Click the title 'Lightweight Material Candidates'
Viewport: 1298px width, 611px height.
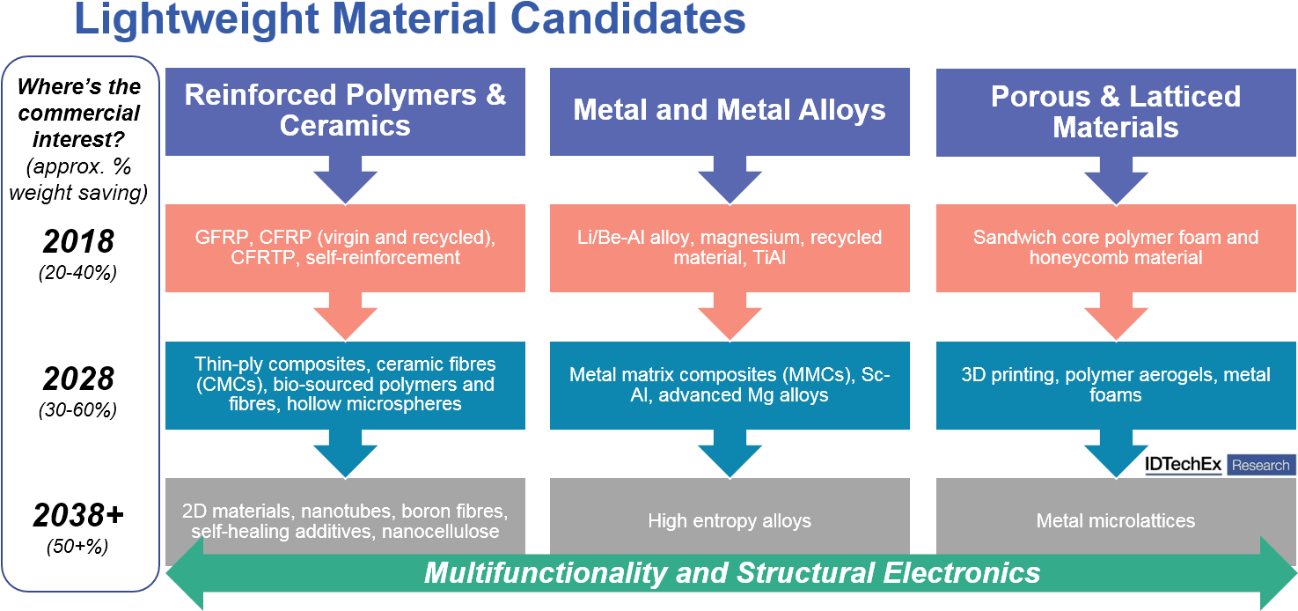(x=410, y=19)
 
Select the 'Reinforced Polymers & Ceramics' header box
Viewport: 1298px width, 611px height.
(x=345, y=111)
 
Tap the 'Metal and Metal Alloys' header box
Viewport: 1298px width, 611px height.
(x=730, y=111)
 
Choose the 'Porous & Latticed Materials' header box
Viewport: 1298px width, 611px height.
(x=1115, y=111)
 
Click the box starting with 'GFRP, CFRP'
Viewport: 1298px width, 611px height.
(x=345, y=247)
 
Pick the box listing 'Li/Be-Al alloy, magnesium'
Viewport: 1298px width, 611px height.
(x=730, y=247)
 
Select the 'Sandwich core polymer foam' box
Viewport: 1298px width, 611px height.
(x=1115, y=247)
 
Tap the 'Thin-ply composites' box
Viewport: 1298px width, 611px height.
(x=345, y=385)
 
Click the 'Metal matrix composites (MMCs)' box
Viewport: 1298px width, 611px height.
(x=730, y=385)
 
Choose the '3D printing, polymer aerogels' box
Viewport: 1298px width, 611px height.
(x=1115, y=385)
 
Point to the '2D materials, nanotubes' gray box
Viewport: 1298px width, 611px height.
(x=345, y=520)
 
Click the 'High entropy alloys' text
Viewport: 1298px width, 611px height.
(x=730, y=520)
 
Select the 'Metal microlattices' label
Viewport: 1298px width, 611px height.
(x=1115, y=520)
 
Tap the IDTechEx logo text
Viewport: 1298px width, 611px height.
(x=1184, y=465)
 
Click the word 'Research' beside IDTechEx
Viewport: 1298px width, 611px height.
(x=1260, y=465)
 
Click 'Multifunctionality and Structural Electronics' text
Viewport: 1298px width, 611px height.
(x=731, y=573)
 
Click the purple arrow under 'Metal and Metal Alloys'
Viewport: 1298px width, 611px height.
(x=730, y=180)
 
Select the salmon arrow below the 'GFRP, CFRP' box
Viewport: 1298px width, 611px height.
(x=345, y=317)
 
